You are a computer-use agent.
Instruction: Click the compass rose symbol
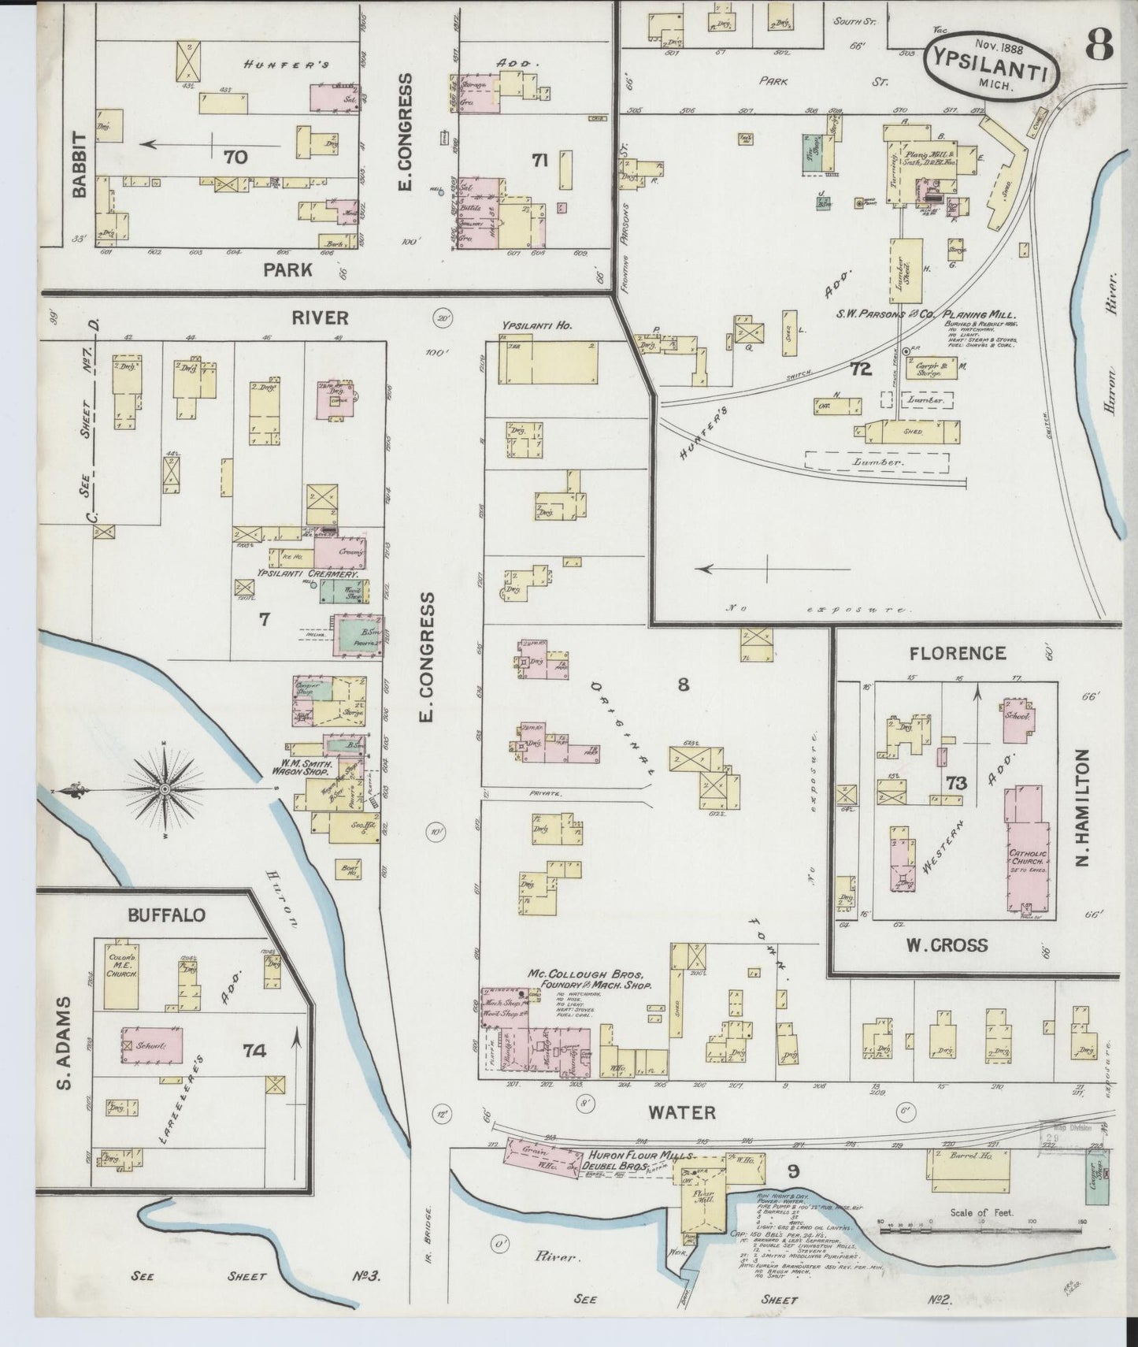(x=165, y=789)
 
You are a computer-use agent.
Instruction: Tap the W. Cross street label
(x=947, y=944)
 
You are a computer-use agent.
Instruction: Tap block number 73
(x=956, y=783)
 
